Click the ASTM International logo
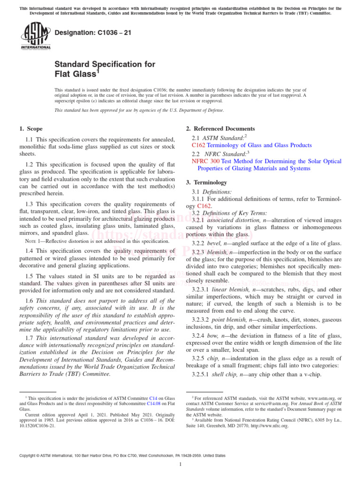click(35, 37)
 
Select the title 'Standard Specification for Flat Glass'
click(105, 69)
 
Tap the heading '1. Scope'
click(31, 129)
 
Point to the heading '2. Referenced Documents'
click(220, 129)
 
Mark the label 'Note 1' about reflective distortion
click(32, 241)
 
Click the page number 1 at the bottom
click(180, 465)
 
